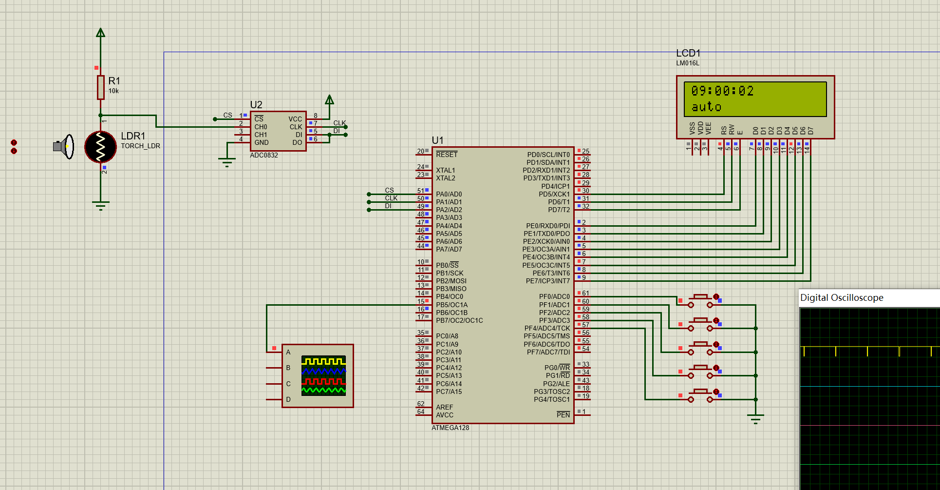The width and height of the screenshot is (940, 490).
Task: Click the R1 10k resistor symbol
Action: click(101, 87)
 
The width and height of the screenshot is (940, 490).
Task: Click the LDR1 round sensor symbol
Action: click(100, 146)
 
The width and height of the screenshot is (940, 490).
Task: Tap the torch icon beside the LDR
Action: click(64, 146)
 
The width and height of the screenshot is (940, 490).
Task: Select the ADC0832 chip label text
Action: click(263, 156)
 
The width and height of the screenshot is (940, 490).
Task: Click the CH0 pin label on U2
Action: click(261, 127)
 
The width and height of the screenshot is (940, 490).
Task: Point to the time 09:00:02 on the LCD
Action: click(722, 91)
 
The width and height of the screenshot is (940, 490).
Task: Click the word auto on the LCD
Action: click(706, 107)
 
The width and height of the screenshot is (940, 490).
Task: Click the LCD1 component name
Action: click(688, 53)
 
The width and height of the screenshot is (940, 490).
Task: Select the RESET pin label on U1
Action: click(447, 155)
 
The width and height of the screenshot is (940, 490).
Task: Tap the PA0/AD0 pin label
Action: click(449, 194)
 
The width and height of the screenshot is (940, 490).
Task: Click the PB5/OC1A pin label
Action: click(451, 305)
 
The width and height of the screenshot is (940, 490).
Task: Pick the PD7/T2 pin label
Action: click(559, 210)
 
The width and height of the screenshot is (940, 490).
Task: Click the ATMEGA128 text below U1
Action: click(450, 428)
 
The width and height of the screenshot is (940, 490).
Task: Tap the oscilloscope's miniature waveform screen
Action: click(323, 375)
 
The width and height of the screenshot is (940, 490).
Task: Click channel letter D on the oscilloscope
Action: click(288, 399)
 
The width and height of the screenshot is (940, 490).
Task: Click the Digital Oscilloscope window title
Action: click(841, 297)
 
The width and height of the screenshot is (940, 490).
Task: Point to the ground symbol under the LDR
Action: click(100, 205)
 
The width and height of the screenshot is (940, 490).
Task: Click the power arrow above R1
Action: click(100, 33)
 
